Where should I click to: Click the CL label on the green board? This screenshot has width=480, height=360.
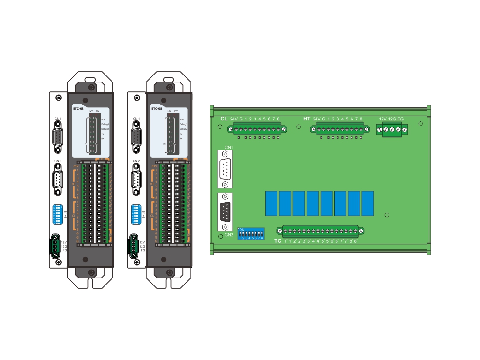pos(224,119)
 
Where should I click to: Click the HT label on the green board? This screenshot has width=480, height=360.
pos(307,119)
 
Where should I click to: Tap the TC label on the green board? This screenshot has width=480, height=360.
pos(278,241)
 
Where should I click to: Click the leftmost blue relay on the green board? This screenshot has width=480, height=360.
pos(271,203)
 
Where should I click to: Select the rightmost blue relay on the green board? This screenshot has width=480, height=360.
pos(368,203)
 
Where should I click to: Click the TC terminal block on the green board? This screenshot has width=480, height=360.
pos(321,231)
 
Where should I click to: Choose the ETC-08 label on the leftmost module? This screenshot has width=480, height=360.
pos(78,108)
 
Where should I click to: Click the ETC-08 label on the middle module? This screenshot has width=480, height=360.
pos(157,108)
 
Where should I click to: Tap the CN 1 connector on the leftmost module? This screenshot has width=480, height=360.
pos(58,136)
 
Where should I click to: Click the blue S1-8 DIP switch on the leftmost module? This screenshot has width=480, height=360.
pos(58,214)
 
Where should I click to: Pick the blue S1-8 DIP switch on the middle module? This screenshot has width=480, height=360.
pos(136,214)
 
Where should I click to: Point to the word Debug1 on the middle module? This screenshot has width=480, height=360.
pos(183,124)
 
